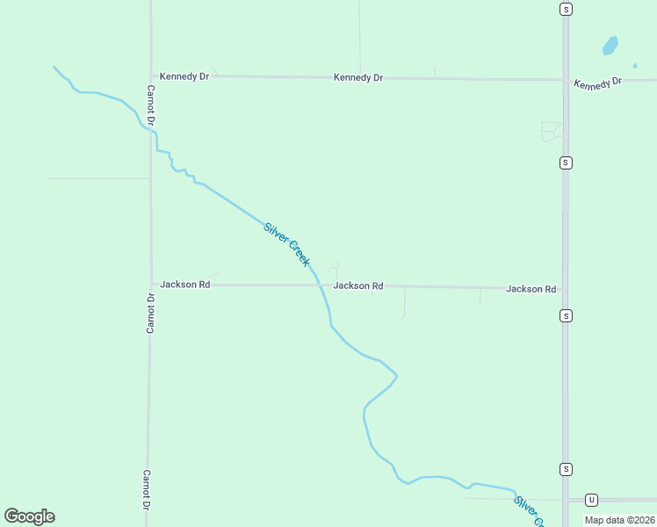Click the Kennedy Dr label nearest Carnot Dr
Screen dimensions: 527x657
pyautogui.click(x=184, y=76)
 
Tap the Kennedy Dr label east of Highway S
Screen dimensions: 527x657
pyautogui.click(x=597, y=83)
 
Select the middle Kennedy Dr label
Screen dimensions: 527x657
pyautogui.click(x=358, y=77)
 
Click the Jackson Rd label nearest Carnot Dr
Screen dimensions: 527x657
pyautogui.click(x=184, y=285)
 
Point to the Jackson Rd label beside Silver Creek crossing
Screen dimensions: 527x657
pyautogui.click(x=358, y=285)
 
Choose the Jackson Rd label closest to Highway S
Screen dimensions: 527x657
pyautogui.click(x=531, y=288)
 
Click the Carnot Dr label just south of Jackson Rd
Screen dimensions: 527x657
pyautogui.click(x=150, y=314)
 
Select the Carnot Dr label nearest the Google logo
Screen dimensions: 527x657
pyautogui.click(x=148, y=489)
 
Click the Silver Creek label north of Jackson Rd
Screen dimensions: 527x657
pyautogui.click(x=286, y=245)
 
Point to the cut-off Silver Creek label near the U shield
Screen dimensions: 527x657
pyautogui.click(x=530, y=512)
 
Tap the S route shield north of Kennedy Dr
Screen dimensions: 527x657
pyautogui.click(x=567, y=9)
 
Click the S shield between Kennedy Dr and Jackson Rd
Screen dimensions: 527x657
pyautogui.click(x=567, y=162)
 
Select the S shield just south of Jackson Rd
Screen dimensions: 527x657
pyautogui.click(x=567, y=315)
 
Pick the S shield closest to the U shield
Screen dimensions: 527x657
pyautogui.click(x=567, y=469)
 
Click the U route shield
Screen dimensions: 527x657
pyautogui.click(x=592, y=500)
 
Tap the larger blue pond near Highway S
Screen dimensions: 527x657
pyautogui.click(x=610, y=45)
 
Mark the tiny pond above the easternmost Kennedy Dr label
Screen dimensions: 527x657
pyautogui.click(x=635, y=65)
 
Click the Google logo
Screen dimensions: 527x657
pyautogui.click(x=30, y=516)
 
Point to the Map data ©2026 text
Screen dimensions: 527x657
pyautogui.click(x=619, y=520)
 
